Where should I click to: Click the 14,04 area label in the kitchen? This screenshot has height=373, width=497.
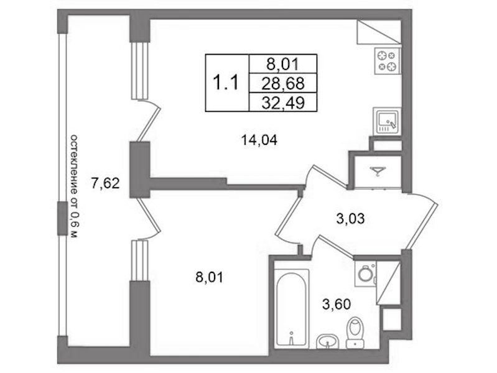pyautogui.click(x=259, y=140)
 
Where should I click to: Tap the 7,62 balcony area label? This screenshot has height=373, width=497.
pyautogui.click(x=105, y=183)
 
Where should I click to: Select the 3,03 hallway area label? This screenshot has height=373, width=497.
pyautogui.click(x=350, y=218)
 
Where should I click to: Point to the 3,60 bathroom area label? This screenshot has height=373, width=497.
pyautogui.click(x=337, y=304)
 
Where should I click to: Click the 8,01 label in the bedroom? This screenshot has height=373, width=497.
pyautogui.click(x=209, y=278)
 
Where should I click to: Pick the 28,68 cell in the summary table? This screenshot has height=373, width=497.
pyautogui.click(x=283, y=83)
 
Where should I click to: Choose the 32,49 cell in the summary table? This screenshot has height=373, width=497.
pyautogui.click(x=283, y=102)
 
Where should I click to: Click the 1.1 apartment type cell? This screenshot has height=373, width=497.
pyautogui.click(x=227, y=83)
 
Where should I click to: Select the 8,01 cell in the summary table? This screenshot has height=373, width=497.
pyautogui.click(x=283, y=64)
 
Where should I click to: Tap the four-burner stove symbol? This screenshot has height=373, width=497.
pyautogui.click(x=388, y=61)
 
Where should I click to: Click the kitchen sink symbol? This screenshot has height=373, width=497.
pyautogui.click(x=387, y=121)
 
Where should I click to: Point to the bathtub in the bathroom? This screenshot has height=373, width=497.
pyautogui.click(x=291, y=307)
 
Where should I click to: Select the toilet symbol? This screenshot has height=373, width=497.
pyautogui.click(x=355, y=333)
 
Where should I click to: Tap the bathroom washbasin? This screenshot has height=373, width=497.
pyautogui.click(x=328, y=341)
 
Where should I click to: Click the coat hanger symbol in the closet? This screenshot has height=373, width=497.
pyautogui.click(x=378, y=171)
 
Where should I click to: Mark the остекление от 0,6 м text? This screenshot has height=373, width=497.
pyautogui.click(x=73, y=186)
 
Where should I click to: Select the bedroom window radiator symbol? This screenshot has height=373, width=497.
pyautogui.click(x=140, y=260)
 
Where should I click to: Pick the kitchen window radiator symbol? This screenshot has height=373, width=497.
pyautogui.click(x=140, y=70)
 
